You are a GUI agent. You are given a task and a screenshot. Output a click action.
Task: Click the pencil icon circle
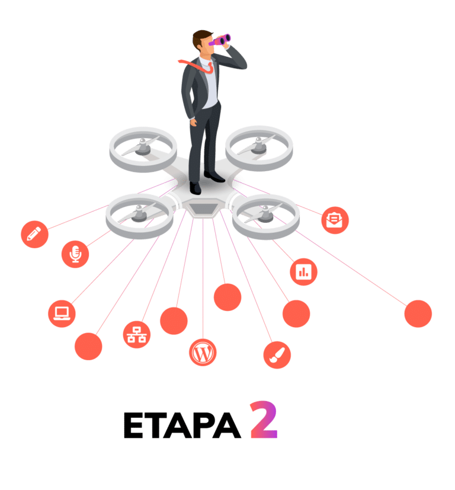click(34, 233)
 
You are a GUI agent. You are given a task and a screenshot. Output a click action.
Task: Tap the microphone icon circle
click(75, 254)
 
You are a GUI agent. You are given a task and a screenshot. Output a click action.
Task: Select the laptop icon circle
click(62, 312)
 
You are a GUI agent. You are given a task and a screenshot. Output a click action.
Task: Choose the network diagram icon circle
click(137, 334)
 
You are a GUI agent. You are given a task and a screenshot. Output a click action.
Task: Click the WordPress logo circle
click(203, 353)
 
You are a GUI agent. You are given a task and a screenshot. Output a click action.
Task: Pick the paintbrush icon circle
click(277, 355)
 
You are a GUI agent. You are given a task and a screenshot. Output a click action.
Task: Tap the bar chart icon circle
click(304, 272)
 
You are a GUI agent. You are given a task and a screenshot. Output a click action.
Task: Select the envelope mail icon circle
click(335, 220)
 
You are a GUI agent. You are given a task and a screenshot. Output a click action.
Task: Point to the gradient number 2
click(263, 420)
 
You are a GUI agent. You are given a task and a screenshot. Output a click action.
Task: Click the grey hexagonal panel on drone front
click(202, 209)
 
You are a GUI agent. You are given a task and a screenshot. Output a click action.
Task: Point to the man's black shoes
click(204, 181)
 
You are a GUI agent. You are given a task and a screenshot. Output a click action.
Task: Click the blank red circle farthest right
click(418, 313)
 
